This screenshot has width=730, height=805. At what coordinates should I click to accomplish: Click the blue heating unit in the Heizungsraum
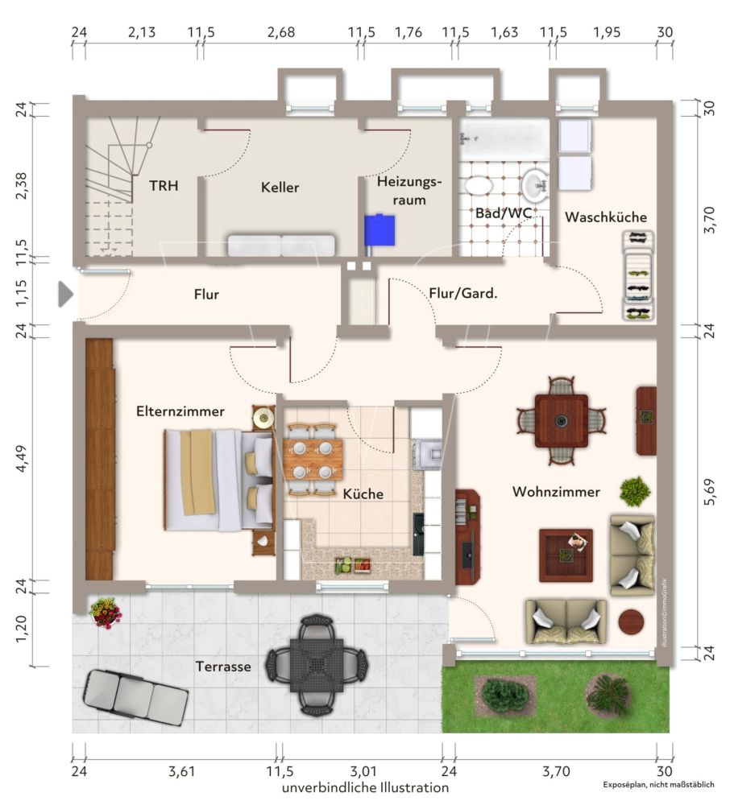(x=379, y=230)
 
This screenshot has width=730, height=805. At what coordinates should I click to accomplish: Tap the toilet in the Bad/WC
(x=479, y=185)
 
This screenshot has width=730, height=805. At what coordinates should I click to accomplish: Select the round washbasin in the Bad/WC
(x=533, y=185)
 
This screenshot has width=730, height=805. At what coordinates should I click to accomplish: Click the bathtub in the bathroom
(x=504, y=138)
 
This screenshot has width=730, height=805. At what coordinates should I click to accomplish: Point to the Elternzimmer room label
(x=180, y=411)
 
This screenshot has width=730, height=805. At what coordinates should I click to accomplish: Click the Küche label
(x=363, y=493)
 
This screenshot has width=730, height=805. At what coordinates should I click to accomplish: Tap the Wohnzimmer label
(x=556, y=492)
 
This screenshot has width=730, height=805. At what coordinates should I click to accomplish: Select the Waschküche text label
(x=605, y=217)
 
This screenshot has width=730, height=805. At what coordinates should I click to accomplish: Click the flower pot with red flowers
(x=106, y=613)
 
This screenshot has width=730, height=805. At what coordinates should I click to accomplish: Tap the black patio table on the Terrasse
(x=317, y=665)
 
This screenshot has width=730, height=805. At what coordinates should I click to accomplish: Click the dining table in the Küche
(x=312, y=459)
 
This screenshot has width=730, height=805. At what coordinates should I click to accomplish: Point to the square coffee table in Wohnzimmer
(x=566, y=555)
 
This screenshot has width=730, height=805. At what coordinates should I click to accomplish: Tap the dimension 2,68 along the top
(x=281, y=32)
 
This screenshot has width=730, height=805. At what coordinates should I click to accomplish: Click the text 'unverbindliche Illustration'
(x=365, y=788)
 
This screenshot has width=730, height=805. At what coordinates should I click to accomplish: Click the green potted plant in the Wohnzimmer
(x=636, y=490)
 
